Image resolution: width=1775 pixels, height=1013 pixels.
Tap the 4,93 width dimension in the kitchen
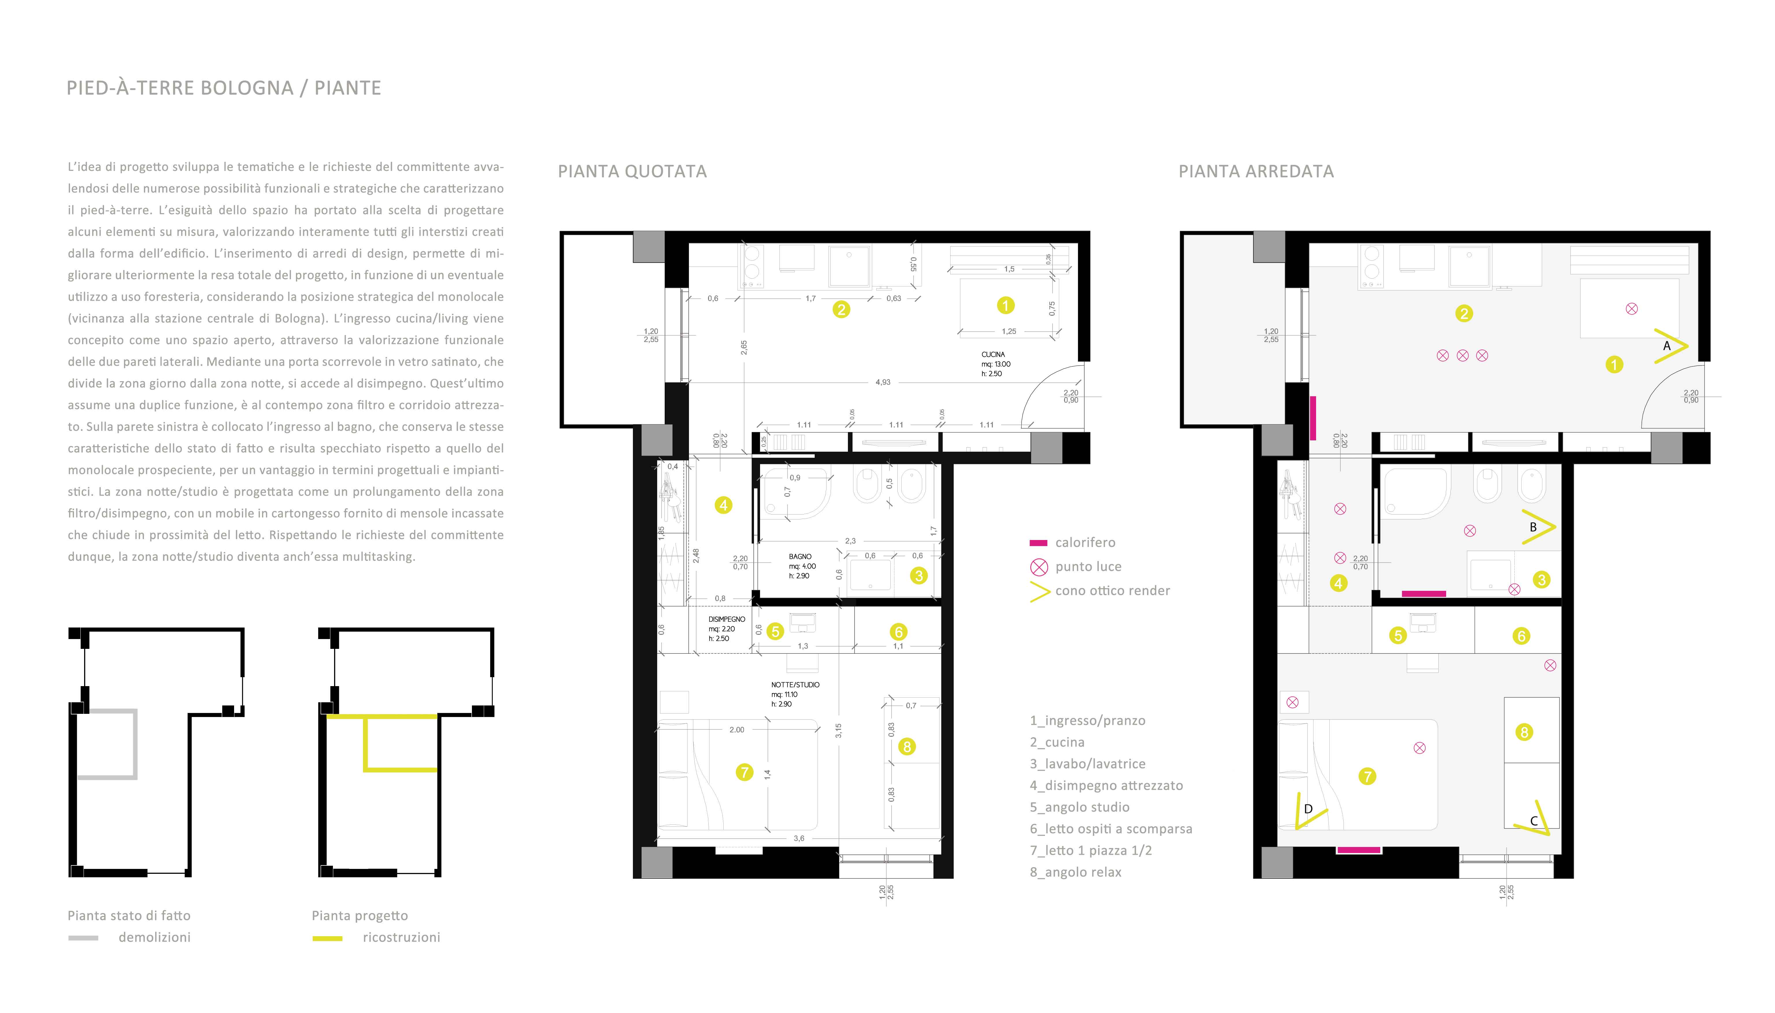(x=883, y=382)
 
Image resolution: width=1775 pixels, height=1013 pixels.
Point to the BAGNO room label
(x=800, y=556)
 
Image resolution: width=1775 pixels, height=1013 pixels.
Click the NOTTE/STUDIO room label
(x=795, y=685)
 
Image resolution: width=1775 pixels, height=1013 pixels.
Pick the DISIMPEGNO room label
(x=727, y=619)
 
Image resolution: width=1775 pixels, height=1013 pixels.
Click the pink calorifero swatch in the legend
(x=1039, y=543)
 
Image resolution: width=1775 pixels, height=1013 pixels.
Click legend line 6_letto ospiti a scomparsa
(x=1111, y=829)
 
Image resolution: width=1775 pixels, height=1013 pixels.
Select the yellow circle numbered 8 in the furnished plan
(x=1524, y=732)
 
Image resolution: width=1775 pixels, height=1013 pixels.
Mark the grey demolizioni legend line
(x=84, y=938)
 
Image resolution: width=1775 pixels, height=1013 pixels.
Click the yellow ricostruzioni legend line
(x=327, y=938)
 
